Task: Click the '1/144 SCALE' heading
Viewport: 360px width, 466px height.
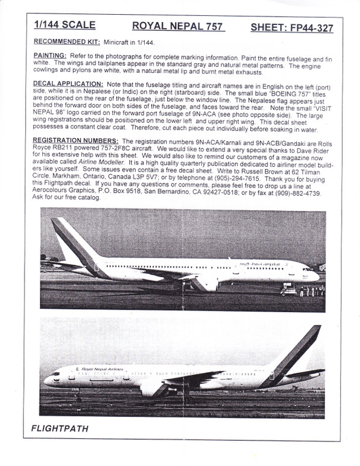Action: (x=65, y=26)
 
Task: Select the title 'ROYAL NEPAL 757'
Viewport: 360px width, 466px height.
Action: (x=178, y=26)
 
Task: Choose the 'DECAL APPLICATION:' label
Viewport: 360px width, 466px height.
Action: (x=68, y=83)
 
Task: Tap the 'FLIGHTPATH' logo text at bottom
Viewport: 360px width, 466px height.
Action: (x=59, y=429)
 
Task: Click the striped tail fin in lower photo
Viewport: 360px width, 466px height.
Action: (x=302, y=349)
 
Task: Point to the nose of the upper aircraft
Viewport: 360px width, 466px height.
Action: (x=316, y=277)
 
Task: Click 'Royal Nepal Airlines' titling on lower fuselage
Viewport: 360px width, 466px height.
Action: (x=100, y=369)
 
